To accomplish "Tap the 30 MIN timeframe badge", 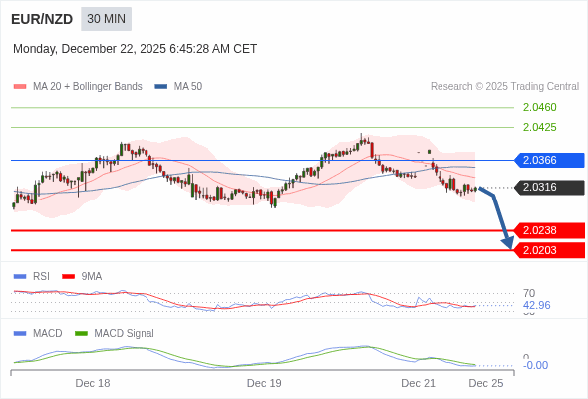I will (x=106, y=19).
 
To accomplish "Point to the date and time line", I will (x=135, y=48).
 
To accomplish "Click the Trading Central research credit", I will (x=504, y=87).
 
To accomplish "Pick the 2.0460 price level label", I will (x=539, y=107).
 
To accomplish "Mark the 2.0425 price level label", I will (x=539, y=127).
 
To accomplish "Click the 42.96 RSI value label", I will (x=536, y=305).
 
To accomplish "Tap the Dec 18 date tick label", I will (x=93, y=383).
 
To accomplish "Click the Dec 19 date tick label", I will (x=264, y=383).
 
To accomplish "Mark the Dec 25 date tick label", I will (x=485, y=383).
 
